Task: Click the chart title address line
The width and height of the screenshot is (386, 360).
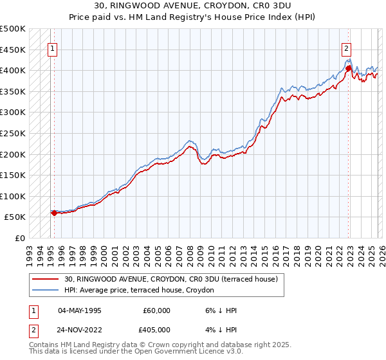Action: pyautogui.click(x=192, y=6)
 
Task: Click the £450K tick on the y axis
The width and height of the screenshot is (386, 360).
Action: pyautogui.click(x=13, y=50)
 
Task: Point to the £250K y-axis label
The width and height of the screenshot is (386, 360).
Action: pyautogui.click(x=13, y=134)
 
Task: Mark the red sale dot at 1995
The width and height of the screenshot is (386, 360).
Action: pyautogui.click(x=54, y=213)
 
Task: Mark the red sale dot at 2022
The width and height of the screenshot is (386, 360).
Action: pyautogui.click(x=348, y=67)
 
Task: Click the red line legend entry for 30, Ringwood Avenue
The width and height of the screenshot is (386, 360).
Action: pyautogui.click(x=170, y=279)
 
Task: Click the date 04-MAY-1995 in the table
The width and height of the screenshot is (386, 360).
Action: pyautogui.click(x=80, y=310)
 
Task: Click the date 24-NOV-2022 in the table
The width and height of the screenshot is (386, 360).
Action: pyautogui.click(x=80, y=330)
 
